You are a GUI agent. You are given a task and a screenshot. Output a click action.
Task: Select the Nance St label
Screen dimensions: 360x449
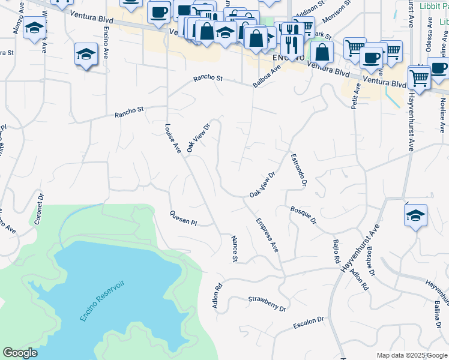(235, 249)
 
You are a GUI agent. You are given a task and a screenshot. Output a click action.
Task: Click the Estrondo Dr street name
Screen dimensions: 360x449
(299, 170)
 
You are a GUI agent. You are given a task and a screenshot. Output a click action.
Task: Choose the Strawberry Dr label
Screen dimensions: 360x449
(267, 303)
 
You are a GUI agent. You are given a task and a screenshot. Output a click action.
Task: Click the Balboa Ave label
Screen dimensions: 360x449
(267, 76)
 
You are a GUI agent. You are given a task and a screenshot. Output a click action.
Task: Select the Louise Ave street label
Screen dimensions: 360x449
(173, 139)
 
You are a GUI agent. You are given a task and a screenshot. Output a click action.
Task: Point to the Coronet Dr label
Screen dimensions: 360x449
(40, 208)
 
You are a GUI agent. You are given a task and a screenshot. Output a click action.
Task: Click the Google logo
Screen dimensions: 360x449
(20, 353)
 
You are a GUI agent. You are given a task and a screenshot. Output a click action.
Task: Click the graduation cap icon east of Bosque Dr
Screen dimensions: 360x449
(416, 216)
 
